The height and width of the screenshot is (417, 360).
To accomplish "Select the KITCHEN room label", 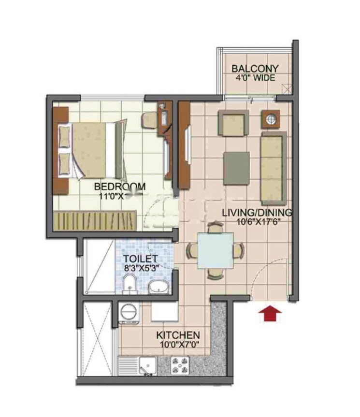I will [178, 335].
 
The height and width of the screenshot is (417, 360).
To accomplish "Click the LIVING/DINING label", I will [257, 212].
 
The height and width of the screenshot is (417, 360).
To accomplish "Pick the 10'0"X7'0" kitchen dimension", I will [178, 345].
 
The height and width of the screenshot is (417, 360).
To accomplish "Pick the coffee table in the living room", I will [236, 167].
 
